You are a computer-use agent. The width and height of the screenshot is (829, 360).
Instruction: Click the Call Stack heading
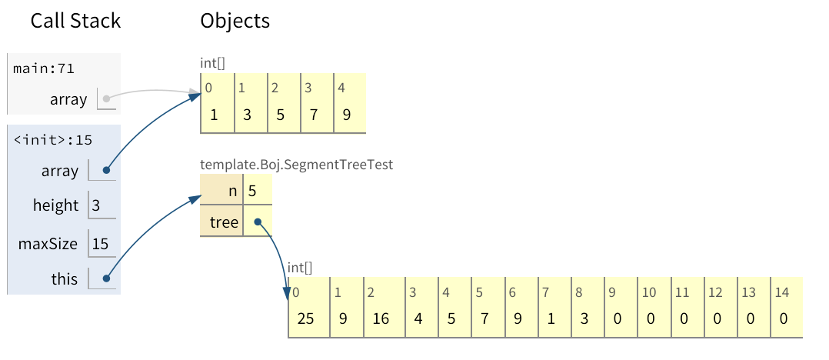[x=75, y=21]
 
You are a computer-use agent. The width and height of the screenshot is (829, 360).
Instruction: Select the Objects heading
[x=235, y=21]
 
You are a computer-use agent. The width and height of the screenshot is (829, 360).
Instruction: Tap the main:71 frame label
[x=44, y=68]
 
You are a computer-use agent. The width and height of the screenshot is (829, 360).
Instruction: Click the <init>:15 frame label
[x=52, y=140]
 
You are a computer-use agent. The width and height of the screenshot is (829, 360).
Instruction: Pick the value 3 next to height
[x=95, y=205]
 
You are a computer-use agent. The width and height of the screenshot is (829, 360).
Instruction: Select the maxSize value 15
[x=100, y=245]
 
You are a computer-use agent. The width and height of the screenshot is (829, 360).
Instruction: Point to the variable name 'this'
[x=65, y=278]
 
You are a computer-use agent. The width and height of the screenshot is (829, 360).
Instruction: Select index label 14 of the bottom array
[x=783, y=292]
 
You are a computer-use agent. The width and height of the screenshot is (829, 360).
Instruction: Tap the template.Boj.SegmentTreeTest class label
[x=297, y=164]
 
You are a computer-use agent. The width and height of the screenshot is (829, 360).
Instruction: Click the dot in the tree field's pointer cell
[x=258, y=222]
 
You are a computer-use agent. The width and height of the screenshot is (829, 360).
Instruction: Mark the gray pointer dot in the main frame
[x=106, y=98]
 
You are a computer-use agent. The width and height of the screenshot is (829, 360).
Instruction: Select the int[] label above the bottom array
[x=300, y=267]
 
